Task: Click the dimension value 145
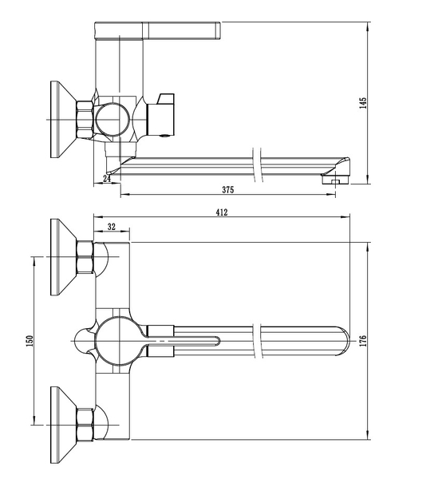(363, 103)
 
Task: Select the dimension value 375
(227, 190)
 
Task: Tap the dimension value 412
(222, 212)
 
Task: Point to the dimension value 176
(363, 341)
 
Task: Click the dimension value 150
(30, 341)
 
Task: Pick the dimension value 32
(112, 227)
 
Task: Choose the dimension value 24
(107, 178)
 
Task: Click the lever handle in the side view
(157, 30)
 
